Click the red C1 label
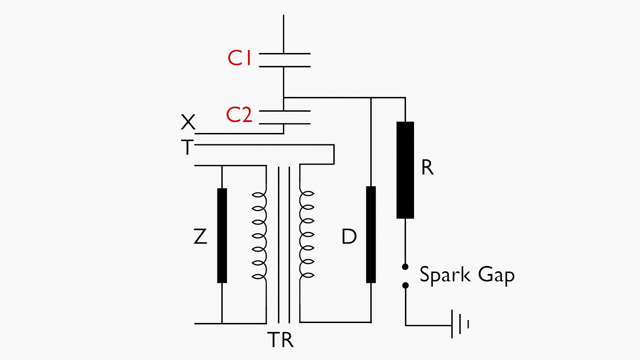(239, 58)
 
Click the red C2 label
(239, 115)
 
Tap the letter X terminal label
(188, 122)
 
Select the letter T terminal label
(187, 147)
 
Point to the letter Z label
(200, 236)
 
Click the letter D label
(349, 237)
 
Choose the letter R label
(427, 167)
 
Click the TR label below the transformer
(280, 340)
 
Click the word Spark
(445, 275)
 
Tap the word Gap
(496, 275)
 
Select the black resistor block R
(405, 170)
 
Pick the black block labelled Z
(222, 236)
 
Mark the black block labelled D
(371, 235)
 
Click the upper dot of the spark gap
(405, 267)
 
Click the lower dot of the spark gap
(405, 285)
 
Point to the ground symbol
(460, 324)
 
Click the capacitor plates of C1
(284, 60)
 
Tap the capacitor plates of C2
(284, 117)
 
